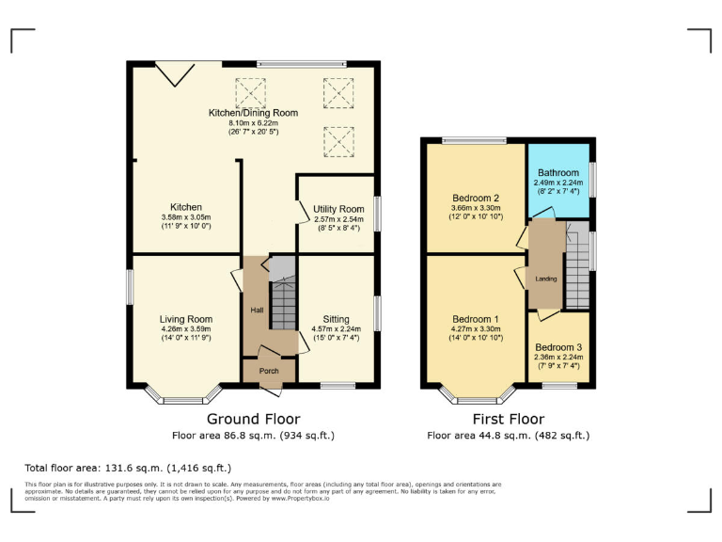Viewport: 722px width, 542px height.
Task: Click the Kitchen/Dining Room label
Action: click(253, 113)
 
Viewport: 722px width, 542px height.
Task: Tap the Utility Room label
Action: click(337, 209)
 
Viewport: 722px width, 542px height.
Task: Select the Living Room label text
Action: click(185, 319)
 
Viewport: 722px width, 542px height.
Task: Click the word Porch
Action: click(269, 371)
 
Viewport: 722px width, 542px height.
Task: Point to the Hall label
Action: click(256, 310)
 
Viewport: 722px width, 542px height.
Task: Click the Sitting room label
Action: click(337, 319)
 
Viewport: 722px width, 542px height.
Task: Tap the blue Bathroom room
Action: click(558, 179)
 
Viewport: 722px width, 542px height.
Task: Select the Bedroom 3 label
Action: click(559, 347)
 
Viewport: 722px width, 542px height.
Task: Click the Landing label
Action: click(545, 279)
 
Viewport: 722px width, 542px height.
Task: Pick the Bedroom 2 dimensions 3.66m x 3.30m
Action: click(475, 208)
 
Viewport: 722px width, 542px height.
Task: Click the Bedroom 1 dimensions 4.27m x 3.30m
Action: click(475, 328)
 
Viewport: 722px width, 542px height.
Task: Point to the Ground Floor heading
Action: click(253, 420)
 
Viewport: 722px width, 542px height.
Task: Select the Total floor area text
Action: click(128, 468)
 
